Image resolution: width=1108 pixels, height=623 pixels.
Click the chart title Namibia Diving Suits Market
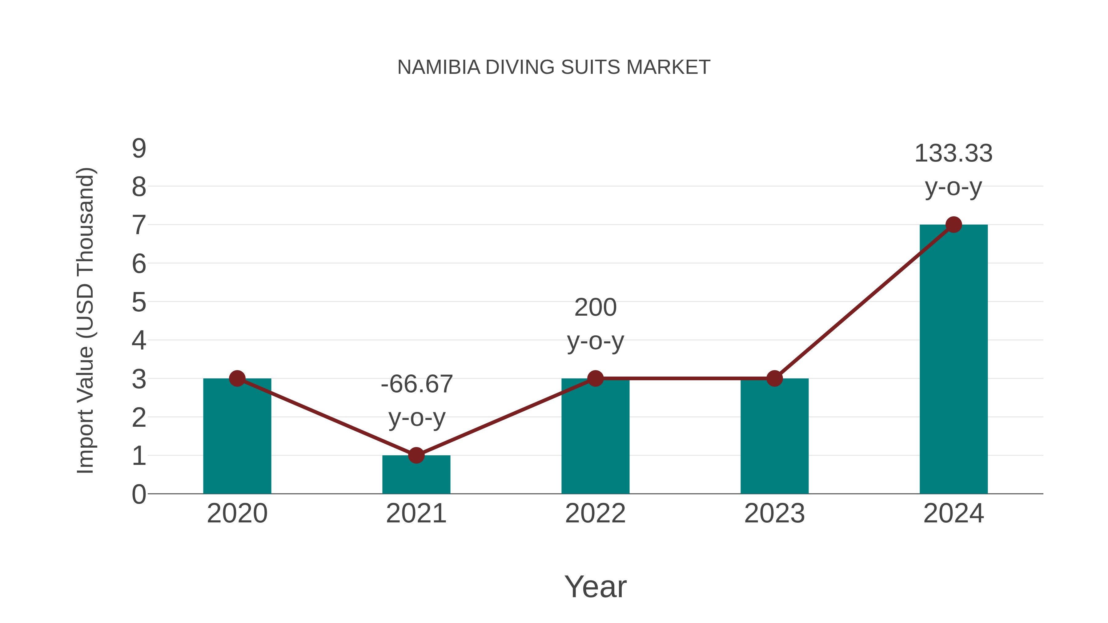pos(554,67)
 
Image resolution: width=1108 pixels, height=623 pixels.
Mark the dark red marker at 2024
pos(953,225)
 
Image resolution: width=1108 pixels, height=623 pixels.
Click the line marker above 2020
pos(237,378)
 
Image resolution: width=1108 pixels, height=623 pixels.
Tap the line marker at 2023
pos(774,378)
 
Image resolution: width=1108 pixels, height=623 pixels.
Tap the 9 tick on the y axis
pos(139,149)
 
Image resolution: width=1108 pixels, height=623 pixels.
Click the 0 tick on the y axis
pos(139,494)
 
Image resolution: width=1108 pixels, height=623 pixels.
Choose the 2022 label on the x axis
pos(595,513)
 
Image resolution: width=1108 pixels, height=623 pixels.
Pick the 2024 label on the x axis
pos(953,513)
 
